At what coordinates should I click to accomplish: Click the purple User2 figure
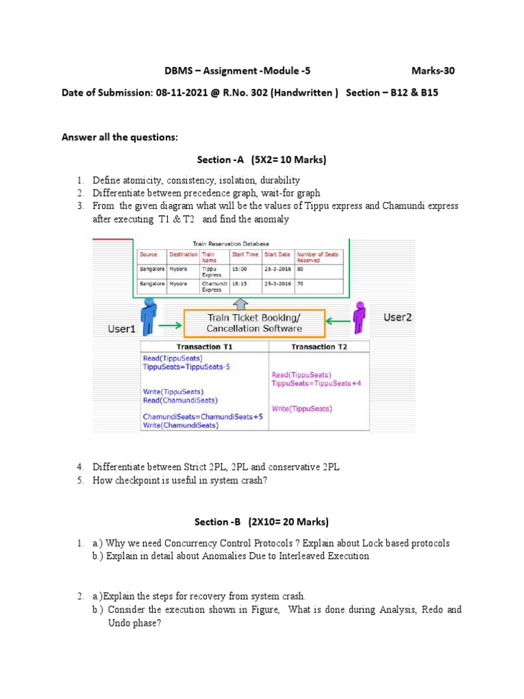(x=358, y=318)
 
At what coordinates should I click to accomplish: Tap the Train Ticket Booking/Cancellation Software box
(x=253, y=323)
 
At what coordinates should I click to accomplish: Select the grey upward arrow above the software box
(x=242, y=303)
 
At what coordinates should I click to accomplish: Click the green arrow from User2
(x=336, y=320)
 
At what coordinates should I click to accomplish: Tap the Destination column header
(x=184, y=255)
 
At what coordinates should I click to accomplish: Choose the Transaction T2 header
(x=319, y=347)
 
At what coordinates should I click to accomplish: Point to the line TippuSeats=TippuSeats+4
(x=316, y=384)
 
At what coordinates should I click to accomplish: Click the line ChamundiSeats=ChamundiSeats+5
(x=203, y=416)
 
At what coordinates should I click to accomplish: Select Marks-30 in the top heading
(x=433, y=70)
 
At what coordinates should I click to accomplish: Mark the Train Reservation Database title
(x=231, y=244)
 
